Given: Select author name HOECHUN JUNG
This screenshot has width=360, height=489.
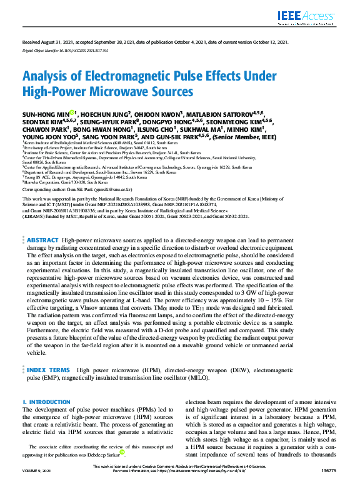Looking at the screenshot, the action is click(105, 114).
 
